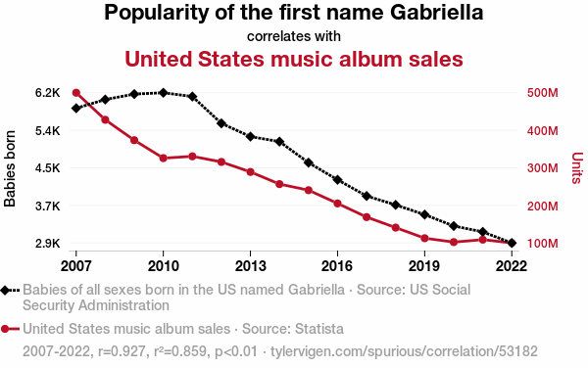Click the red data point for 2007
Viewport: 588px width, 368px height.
(x=76, y=93)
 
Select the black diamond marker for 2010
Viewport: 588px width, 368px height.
(x=163, y=92)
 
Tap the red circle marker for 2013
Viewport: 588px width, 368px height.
(x=251, y=172)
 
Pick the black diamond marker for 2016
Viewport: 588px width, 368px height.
(x=337, y=180)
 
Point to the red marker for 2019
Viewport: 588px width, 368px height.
(x=424, y=239)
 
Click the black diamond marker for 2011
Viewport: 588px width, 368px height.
(x=192, y=97)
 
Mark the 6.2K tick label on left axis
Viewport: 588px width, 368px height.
(x=48, y=93)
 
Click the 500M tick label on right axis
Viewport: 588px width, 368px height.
(x=542, y=93)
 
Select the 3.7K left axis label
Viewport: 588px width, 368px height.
(x=48, y=206)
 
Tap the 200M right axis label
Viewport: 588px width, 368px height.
(x=542, y=206)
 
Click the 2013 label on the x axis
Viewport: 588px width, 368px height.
(x=251, y=266)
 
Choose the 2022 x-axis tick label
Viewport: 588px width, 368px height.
(x=512, y=266)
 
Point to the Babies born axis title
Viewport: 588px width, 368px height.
(x=10, y=168)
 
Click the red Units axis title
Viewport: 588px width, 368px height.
(x=577, y=167)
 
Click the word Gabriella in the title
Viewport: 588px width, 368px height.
(x=436, y=13)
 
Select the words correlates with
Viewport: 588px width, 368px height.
(x=294, y=36)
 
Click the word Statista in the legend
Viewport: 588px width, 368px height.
(x=319, y=329)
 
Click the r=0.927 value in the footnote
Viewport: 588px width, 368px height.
(x=122, y=351)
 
